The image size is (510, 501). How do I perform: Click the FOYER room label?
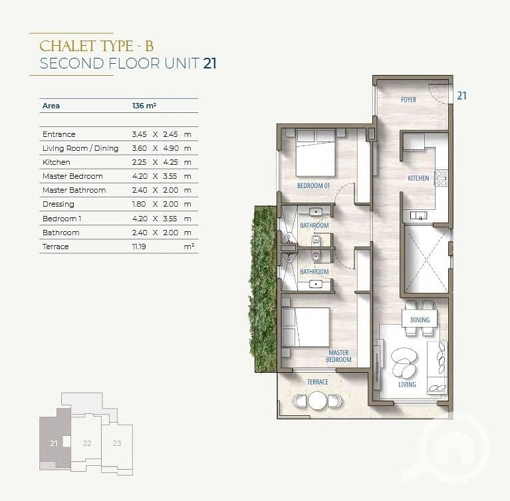408,100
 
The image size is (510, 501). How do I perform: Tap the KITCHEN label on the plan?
418,178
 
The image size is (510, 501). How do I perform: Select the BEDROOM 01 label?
313,185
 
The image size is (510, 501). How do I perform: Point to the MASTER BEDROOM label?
338,356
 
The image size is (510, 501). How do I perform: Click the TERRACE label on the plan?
318,382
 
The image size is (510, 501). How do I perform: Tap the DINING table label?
420,320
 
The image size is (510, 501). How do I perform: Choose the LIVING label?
407,385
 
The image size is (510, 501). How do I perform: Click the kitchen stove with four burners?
441,178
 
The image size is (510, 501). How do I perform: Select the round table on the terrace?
317,401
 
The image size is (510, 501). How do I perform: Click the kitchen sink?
418,215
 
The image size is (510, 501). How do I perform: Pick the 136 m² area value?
144,106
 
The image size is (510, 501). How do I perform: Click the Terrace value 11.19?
139,247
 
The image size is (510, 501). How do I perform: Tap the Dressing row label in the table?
59,204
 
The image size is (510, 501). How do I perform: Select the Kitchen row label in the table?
57,162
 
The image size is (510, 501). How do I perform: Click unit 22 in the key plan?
87,443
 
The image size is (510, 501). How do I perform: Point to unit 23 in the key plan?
117,443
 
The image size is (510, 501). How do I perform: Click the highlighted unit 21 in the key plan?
54,443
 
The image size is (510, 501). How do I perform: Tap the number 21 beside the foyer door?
462,96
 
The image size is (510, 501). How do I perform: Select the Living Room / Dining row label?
80,148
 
